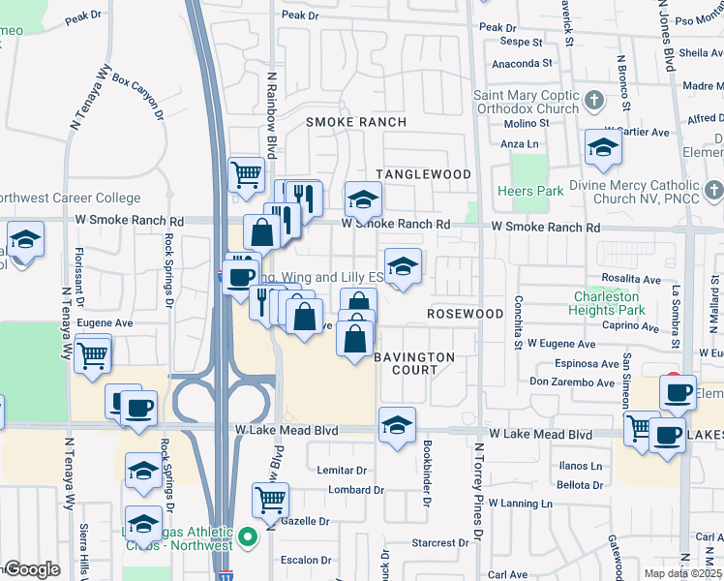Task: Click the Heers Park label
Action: (529, 191)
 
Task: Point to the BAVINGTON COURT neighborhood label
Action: (415, 364)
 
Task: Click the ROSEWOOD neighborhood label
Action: (467, 315)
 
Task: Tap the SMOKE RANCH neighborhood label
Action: (355, 122)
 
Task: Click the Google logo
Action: (32, 569)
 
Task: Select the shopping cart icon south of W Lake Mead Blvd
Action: (270, 500)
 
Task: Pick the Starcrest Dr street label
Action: (440, 543)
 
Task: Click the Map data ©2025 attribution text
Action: (683, 573)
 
